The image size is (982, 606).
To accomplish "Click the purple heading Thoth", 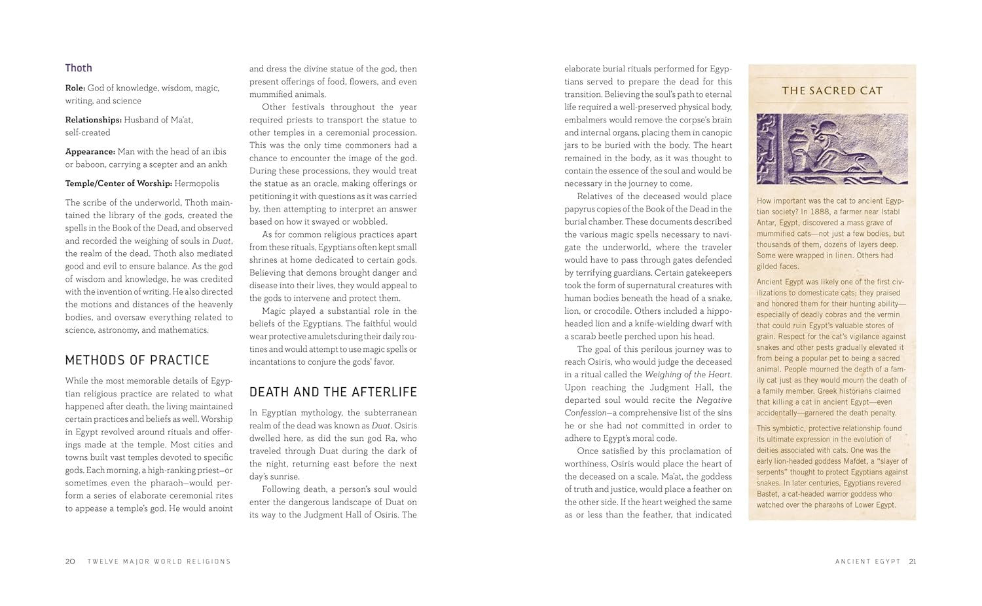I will point(79,68).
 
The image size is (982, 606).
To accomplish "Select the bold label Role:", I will point(75,88).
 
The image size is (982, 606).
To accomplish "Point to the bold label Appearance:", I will point(90,151).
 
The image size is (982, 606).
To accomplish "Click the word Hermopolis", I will point(198,183).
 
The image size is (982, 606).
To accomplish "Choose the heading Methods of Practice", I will point(137,360).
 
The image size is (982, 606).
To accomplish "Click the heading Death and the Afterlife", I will point(333,392).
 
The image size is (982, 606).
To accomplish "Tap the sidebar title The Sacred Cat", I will point(832,91).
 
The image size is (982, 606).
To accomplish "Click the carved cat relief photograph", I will point(832,149).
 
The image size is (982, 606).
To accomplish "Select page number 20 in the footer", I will point(70,561).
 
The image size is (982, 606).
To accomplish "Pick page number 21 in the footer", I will point(913,561).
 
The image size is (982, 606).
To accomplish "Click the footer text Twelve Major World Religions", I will point(159,561).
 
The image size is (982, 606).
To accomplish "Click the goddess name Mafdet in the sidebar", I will point(834,461).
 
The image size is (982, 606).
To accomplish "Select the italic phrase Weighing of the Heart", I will point(688,375).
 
